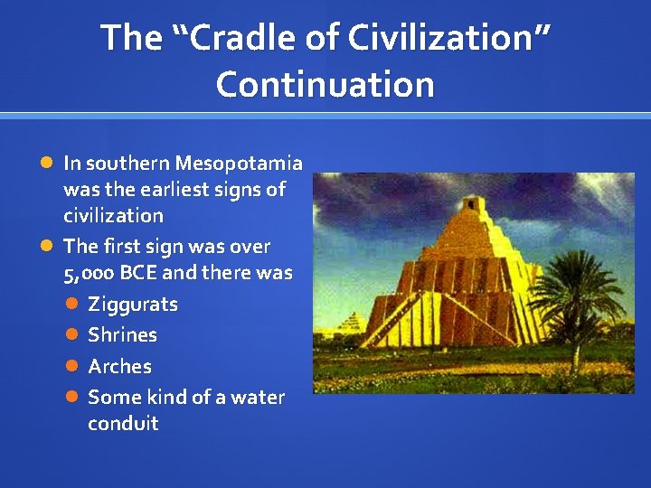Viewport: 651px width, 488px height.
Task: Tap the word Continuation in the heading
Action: (325, 85)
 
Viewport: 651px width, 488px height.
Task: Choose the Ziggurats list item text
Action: (133, 305)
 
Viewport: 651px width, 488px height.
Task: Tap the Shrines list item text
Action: (122, 335)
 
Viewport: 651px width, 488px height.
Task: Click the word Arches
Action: (119, 367)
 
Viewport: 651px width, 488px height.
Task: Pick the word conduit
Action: (123, 424)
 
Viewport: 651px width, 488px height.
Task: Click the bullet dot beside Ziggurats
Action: (72, 305)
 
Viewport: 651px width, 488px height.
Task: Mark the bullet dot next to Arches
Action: (72, 367)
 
